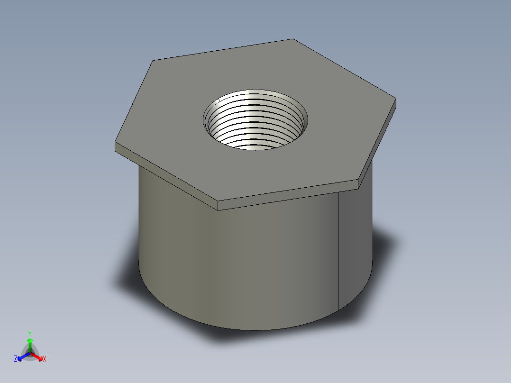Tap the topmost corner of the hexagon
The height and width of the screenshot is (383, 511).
[x=293, y=39]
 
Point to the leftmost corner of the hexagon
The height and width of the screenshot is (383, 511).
[x=116, y=143]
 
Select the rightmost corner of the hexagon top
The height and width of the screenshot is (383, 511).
[x=395, y=99]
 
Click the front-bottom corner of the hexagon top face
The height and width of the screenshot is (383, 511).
[x=218, y=201]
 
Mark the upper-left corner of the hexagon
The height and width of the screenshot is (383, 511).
[x=153, y=61]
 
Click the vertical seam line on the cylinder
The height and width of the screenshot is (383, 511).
[x=338, y=251]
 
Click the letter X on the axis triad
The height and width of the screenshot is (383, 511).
[x=45, y=359]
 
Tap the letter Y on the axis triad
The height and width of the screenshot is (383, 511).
[x=30, y=333]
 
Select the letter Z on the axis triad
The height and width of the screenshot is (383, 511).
[x=16, y=359]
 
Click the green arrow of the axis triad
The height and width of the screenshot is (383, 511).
[x=30, y=342]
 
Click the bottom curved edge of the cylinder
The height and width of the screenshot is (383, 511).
[x=251, y=329]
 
